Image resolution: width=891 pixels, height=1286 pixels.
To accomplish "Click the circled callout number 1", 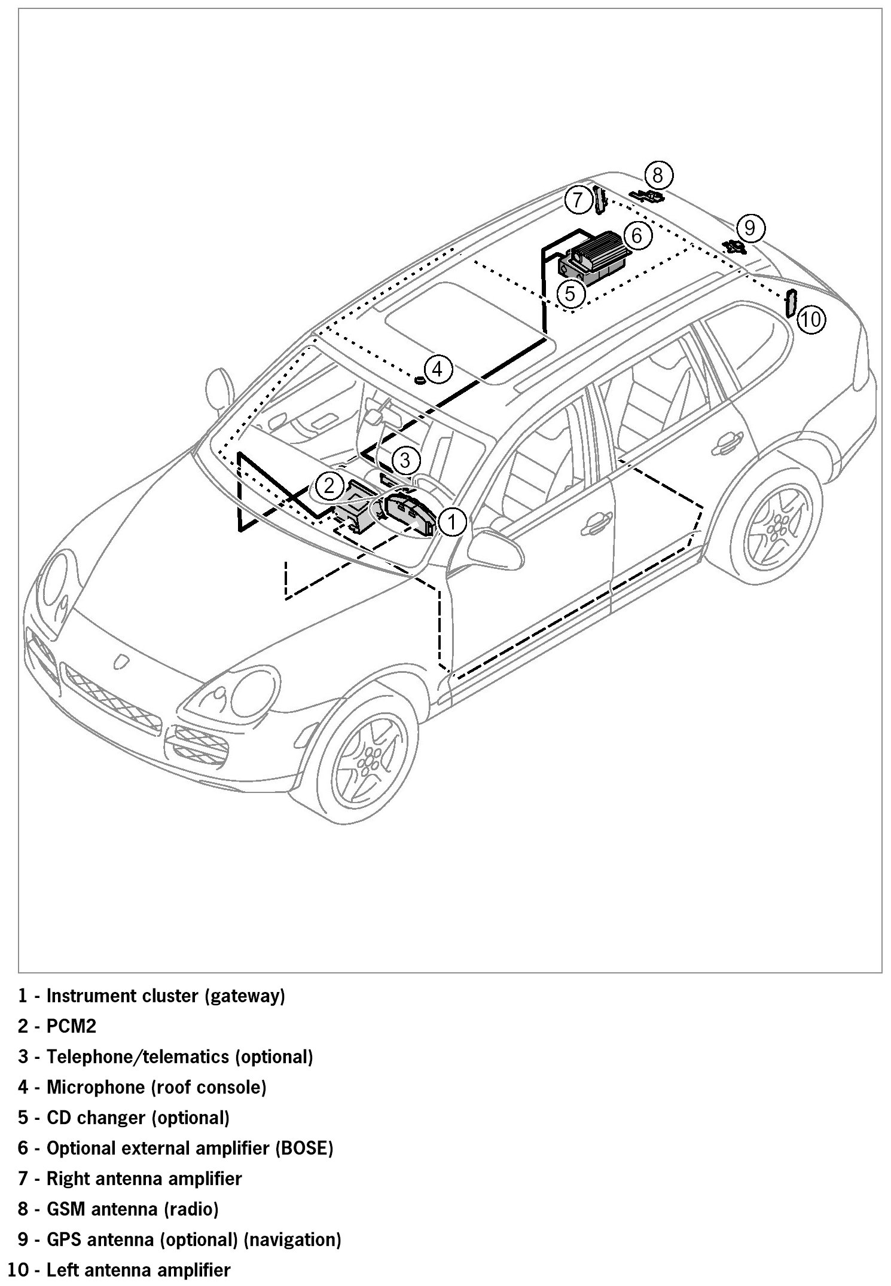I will tap(452, 522).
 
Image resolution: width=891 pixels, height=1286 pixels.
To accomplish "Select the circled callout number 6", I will tap(636, 235).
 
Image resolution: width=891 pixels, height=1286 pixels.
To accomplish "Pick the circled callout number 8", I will tap(658, 176).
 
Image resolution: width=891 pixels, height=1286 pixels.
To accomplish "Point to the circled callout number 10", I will tap(811, 320).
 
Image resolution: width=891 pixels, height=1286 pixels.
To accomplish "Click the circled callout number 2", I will tap(329, 485).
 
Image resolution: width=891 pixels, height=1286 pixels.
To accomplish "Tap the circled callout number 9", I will tap(750, 228).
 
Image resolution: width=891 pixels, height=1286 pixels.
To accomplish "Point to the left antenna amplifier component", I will tap(790, 304).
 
